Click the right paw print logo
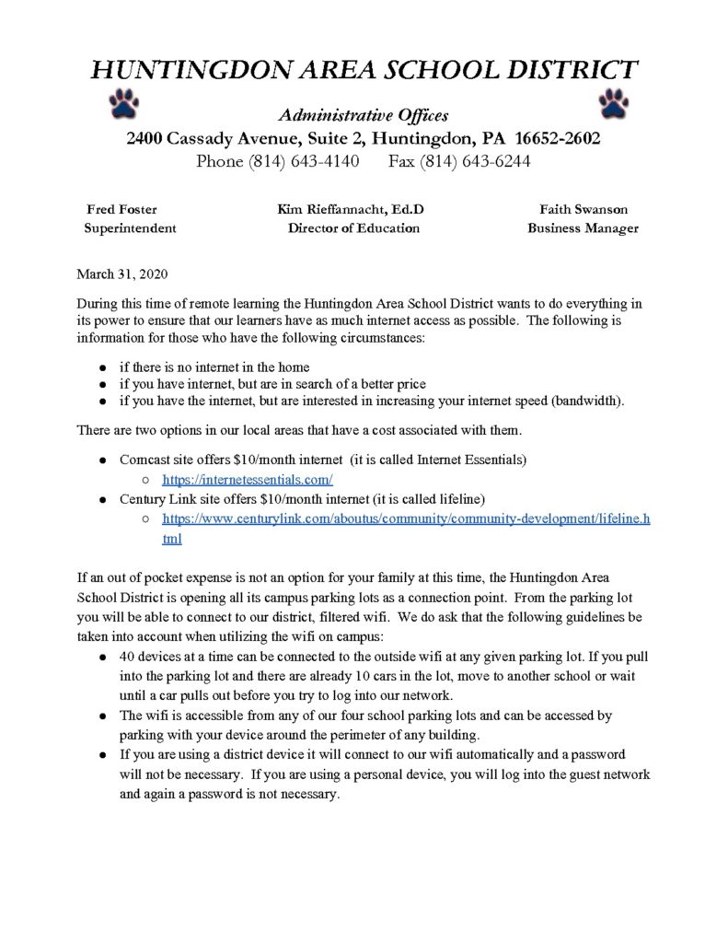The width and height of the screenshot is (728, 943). pos(613,102)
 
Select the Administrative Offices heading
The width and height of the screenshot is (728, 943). pos(364,115)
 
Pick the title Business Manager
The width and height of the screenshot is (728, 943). pos(583,227)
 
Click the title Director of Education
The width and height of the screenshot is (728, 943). pos(353,227)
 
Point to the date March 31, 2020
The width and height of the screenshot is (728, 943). pos(116,274)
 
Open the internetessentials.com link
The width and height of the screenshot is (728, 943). pos(247,479)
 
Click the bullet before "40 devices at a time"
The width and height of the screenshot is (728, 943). pos(100,659)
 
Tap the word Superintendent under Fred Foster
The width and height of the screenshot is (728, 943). pos(130,227)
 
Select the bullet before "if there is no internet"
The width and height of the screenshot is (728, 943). pos(100,367)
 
